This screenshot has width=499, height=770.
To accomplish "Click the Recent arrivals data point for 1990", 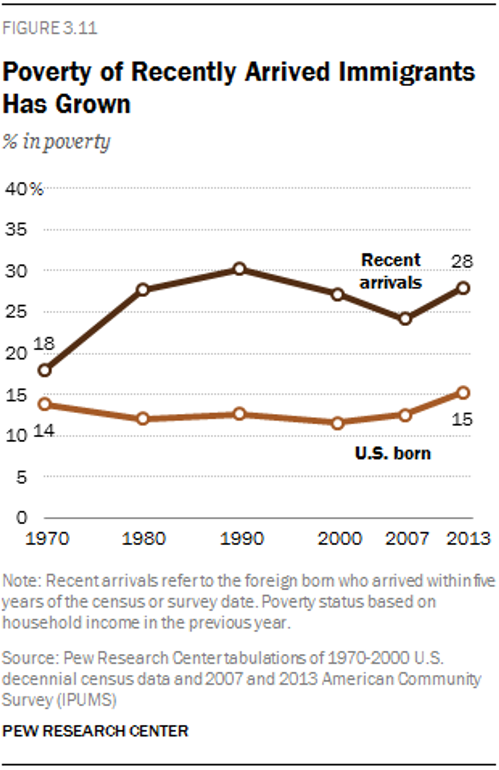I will (239, 269).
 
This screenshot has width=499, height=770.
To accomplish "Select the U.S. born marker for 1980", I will (143, 418).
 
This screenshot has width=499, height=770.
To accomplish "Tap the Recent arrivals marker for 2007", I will (405, 319).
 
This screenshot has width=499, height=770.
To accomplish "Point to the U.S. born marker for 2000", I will (338, 423).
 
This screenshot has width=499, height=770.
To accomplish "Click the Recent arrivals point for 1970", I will (45, 370).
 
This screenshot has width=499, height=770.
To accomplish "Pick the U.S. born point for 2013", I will (463, 392).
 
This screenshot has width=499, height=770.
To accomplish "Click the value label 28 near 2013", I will (462, 261).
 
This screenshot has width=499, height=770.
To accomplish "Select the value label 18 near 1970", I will (44, 344).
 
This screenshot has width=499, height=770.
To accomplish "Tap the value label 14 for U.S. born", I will (44, 431).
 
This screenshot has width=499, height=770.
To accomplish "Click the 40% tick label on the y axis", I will (24, 189).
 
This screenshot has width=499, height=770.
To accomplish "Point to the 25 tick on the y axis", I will (16, 311).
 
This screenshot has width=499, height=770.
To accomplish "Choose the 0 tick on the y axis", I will (21, 518).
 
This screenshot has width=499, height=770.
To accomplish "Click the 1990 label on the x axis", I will (241, 539).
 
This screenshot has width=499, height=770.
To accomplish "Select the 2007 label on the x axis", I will (407, 539).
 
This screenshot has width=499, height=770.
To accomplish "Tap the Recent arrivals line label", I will (391, 271).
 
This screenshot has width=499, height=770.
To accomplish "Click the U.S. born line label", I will (393, 453).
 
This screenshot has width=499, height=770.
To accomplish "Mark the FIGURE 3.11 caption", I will (49, 28).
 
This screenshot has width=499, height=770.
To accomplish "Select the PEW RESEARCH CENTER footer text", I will (95, 731).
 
